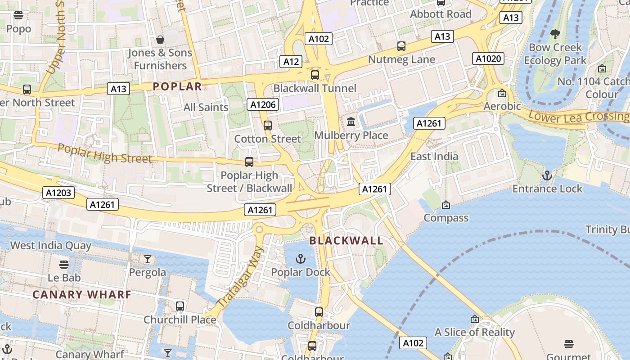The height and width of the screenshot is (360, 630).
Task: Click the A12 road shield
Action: [x=291, y=62]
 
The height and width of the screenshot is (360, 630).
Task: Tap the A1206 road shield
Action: [x=263, y=105]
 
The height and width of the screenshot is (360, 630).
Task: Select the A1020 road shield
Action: [x=488, y=58]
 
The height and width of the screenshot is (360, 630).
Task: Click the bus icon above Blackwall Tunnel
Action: [x=315, y=75]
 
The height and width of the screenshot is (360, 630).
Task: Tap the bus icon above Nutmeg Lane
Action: [x=401, y=46]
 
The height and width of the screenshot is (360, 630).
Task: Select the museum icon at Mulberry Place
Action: [x=351, y=121]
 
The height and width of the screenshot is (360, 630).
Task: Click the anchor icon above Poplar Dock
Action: [x=300, y=259]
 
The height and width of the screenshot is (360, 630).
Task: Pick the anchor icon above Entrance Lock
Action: [x=547, y=175]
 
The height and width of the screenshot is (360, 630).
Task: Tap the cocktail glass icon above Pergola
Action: [x=148, y=259]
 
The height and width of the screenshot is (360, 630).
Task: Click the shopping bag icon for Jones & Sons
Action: [x=160, y=40]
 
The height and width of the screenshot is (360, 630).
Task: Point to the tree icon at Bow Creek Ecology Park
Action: [x=555, y=34]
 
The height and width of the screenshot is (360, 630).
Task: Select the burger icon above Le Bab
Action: [x=64, y=264]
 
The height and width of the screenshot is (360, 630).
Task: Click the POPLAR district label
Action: [x=177, y=86]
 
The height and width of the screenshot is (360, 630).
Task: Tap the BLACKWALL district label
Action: [x=346, y=241]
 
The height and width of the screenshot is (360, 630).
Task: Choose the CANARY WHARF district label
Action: [x=82, y=295]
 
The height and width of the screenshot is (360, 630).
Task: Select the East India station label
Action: [x=434, y=157]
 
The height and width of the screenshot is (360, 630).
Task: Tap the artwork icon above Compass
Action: [x=445, y=205]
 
